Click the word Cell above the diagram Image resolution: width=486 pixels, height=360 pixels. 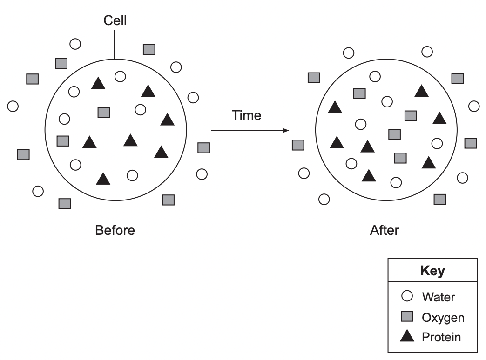[x=115, y=20]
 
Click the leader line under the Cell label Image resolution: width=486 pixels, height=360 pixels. [x=115, y=45]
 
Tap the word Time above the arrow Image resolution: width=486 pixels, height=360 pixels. [x=246, y=115]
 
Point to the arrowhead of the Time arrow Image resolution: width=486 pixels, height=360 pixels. [x=286, y=130]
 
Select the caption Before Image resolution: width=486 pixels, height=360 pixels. [x=115, y=230]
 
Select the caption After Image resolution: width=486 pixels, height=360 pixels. [x=385, y=230]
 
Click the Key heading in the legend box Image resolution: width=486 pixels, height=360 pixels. [x=432, y=270]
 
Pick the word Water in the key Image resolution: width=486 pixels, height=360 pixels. [x=438, y=297]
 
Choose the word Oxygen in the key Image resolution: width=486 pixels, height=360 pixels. [x=443, y=318]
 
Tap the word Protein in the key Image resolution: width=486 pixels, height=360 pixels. [x=441, y=337]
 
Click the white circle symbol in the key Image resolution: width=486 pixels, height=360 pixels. [x=407, y=296]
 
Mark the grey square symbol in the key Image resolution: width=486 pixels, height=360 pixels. [x=407, y=316]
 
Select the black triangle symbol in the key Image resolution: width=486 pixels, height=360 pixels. [x=407, y=336]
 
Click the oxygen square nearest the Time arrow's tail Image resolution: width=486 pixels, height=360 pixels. [x=203, y=148]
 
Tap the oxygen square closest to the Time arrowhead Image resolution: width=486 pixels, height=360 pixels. [x=298, y=145]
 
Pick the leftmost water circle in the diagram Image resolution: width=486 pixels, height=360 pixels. [x=13, y=106]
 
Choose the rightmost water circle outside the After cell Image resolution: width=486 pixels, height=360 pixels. [x=474, y=106]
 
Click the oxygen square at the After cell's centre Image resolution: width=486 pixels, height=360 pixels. [x=395, y=134]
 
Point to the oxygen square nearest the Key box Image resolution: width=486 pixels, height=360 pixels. [x=440, y=199]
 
